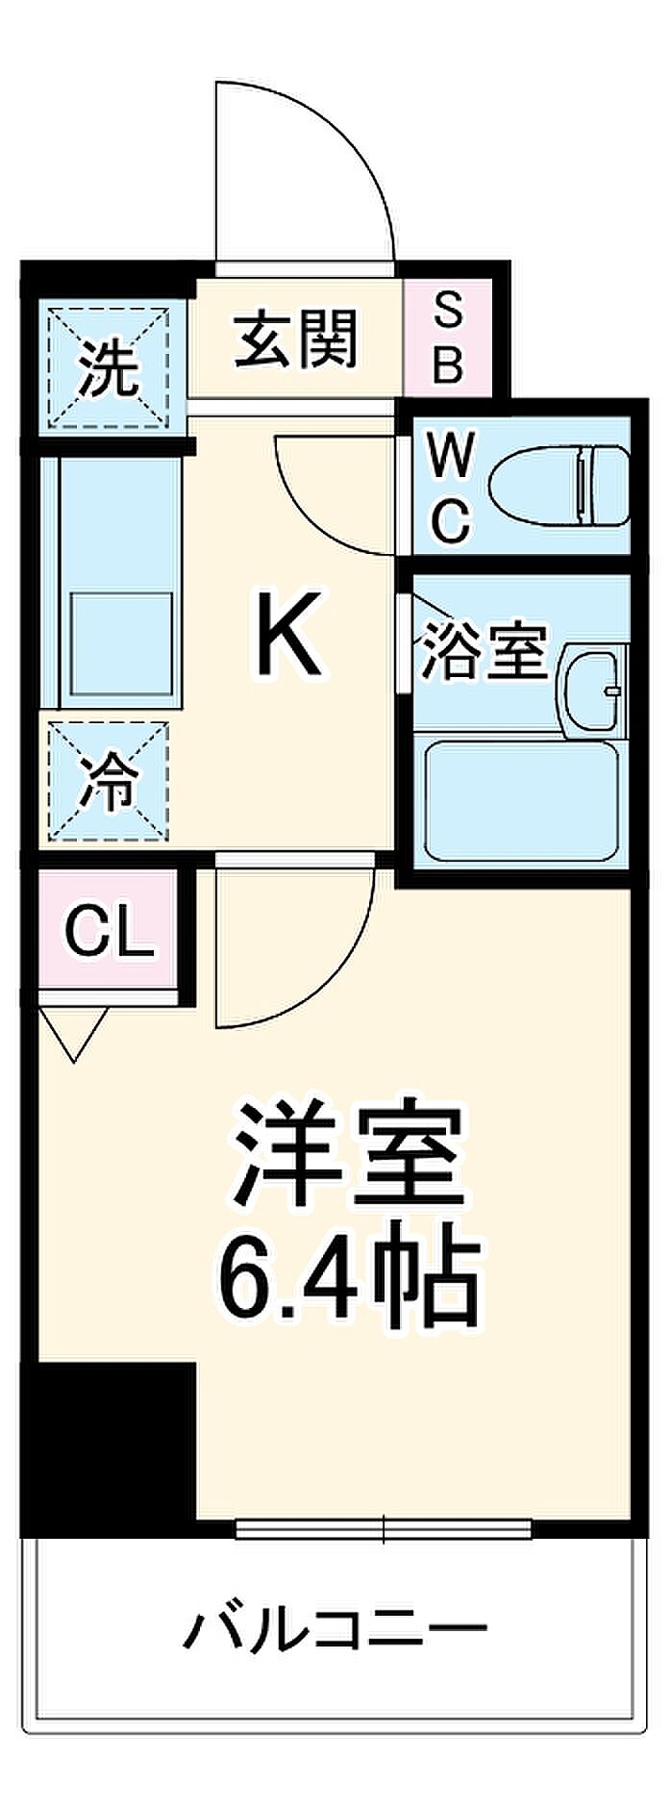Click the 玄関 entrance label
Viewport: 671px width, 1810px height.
[296, 339]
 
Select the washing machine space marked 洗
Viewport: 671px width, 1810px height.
[109, 366]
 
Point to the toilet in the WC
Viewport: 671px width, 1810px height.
[558, 485]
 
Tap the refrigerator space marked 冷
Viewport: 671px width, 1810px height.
[108, 780]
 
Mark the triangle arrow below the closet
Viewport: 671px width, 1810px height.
[75, 1033]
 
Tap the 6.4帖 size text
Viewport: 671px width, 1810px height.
[349, 1278]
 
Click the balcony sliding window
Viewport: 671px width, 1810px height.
[383, 1527]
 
